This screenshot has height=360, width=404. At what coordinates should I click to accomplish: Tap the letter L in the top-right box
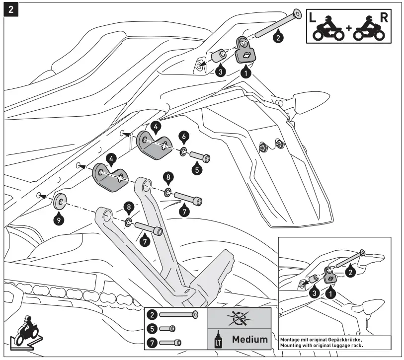click(313, 17)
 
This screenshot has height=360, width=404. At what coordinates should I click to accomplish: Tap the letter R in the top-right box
click(384, 17)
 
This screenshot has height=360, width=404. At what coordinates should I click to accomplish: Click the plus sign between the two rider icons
click(348, 28)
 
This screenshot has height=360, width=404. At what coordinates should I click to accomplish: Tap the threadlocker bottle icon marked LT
click(217, 340)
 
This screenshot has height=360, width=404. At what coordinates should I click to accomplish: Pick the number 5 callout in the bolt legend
click(153, 328)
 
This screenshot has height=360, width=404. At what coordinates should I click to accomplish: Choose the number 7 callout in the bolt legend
click(153, 342)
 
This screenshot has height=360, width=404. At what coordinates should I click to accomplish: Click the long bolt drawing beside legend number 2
click(178, 314)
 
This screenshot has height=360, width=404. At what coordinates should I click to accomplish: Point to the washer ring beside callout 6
click(184, 150)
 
